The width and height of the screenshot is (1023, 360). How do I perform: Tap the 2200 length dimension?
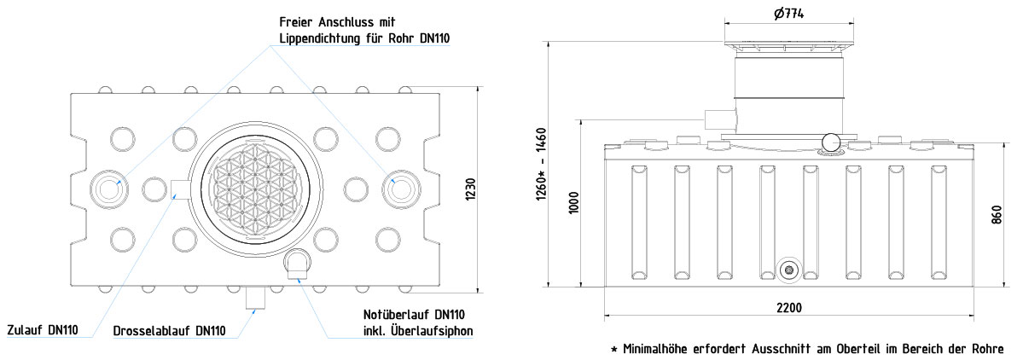pos(790,308)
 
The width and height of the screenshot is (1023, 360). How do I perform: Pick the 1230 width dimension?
pos(470,189)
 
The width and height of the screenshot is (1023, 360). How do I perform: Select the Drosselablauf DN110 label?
pos(169,331)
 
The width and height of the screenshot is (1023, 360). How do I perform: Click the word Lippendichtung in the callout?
pos(320,38)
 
